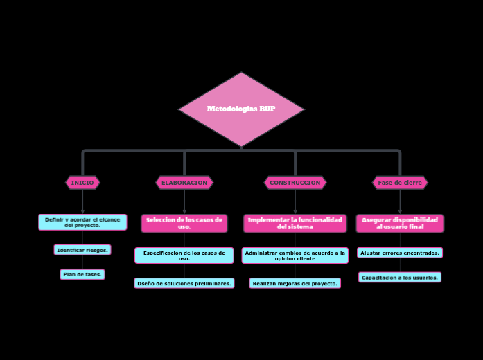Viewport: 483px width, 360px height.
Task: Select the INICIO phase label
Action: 82,183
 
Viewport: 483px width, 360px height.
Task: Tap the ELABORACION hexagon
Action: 184,183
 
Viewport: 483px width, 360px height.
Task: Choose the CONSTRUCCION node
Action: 295,183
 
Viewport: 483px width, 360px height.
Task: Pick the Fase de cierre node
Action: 400,183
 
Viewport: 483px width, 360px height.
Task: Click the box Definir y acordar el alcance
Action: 82,222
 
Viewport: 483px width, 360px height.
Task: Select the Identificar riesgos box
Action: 82,250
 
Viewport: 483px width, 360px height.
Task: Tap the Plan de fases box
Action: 82,275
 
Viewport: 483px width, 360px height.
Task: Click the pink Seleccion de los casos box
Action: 184,223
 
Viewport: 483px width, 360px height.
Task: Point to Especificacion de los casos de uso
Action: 184,255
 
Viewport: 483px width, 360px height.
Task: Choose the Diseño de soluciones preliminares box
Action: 184,283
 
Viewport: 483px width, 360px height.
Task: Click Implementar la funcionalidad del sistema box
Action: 295,223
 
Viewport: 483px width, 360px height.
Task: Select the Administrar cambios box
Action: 295,255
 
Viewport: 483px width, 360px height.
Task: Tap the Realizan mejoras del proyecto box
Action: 295,283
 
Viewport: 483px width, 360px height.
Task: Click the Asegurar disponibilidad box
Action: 400,223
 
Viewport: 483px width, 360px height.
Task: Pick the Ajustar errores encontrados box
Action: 400,253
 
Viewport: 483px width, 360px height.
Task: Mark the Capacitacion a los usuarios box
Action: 400,278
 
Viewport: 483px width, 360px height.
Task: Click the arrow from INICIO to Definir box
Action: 82,202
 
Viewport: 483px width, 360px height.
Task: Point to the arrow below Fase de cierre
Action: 400,202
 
